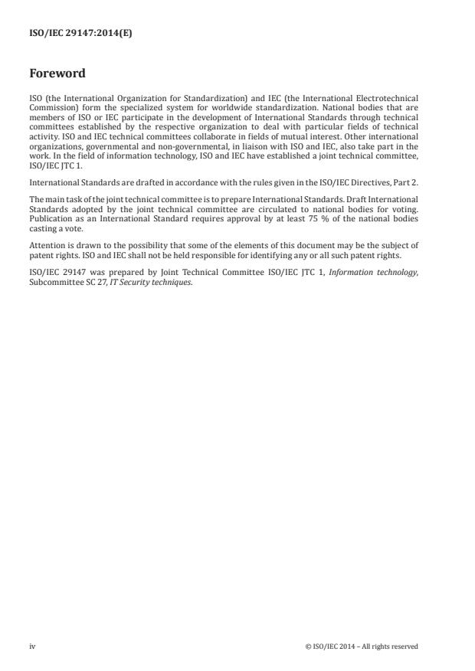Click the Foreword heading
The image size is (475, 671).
point(57,74)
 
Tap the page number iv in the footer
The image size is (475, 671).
point(32,646)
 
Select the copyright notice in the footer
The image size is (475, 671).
point(361,646)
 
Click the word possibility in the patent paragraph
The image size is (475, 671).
point(125,246)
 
